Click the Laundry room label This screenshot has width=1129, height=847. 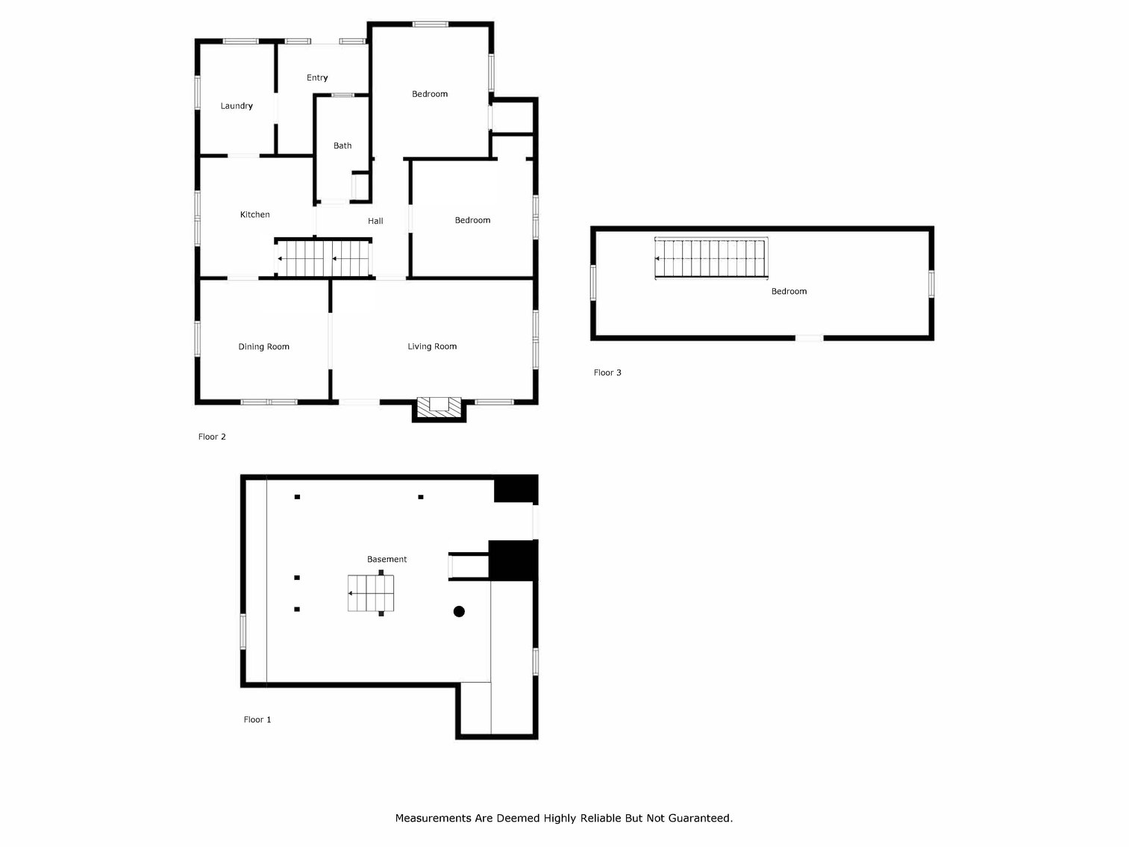coord(237,106)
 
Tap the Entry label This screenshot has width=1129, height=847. coord(317,78)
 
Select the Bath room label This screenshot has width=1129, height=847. coord(343,146)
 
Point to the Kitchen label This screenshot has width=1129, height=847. coord(254,215)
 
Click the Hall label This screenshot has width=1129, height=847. coord(375,221)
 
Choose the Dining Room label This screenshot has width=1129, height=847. coord(263,347)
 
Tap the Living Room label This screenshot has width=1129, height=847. coord(432,346)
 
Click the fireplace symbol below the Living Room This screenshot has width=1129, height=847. coord(439,407)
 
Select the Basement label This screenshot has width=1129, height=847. coord(387,559)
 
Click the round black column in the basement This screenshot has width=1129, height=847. coord(459,611)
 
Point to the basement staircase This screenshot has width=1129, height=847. coord(371,593)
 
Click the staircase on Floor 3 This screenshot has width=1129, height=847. coord(711,258)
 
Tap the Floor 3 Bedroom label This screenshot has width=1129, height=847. coord(789,292)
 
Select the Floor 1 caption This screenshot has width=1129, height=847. coord(257,719)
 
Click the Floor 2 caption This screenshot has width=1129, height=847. coord(212,437)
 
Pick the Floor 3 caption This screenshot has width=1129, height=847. coord(607,372)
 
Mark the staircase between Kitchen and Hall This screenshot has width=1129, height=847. coord(323,258)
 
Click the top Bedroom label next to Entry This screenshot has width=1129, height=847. coord(430,94)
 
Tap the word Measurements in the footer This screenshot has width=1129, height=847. coord(433,818)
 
